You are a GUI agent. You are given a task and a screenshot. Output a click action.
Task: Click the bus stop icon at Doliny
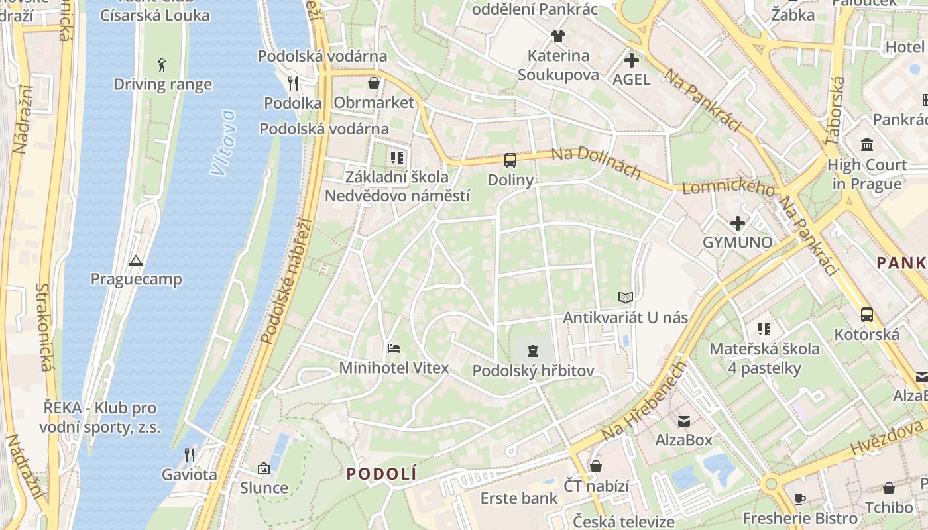(x=510, y=160)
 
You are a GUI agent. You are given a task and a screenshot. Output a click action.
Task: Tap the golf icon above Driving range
(x=162, y=64)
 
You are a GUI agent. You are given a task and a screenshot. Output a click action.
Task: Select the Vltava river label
(x=223, y=142)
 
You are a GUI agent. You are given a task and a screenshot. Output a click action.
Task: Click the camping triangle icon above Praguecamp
(x=136, y=260)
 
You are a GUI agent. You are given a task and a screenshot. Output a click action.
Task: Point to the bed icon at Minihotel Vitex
(x=394, y=348)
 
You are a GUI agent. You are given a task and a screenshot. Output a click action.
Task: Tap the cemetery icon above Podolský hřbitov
(x=533, y=350)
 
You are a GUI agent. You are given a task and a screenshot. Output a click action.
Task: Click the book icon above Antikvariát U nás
(x=625, y=297)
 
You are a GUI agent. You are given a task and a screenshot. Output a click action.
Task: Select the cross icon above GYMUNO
(x=737, y=223)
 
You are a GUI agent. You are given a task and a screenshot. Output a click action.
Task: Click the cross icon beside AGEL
(x=632, y=60)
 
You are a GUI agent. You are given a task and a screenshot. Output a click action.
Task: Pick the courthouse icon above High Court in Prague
(x=867, y=144)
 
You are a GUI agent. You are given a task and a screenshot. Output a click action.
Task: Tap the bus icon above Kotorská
(x=866, y=314)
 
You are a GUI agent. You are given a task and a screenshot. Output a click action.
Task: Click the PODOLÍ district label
(x=382, y=474)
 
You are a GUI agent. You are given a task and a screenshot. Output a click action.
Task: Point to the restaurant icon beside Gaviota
(x=190, y=454)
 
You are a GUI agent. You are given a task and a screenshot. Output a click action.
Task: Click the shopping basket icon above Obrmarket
(x=374, y=83)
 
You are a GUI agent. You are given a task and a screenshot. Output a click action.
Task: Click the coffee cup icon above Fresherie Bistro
(x=800, y=499)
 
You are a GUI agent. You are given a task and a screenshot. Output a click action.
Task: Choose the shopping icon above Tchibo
(x=889, y=488)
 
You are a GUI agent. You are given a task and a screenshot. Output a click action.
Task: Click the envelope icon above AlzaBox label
(x=683, y=421)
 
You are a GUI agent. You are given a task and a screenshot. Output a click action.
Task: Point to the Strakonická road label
(x=43, y=327)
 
